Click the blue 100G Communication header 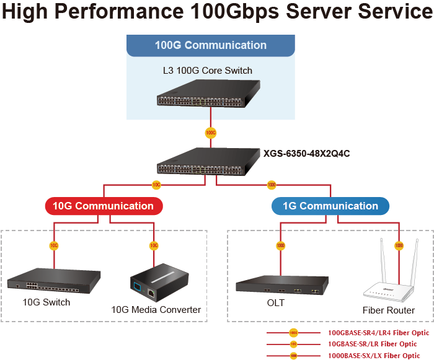point(210,45)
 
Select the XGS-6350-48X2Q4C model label point(306,153)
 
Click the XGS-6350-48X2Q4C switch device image point(210,163)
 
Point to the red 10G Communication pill point(103,206)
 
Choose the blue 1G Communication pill point(330,206)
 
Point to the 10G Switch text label point(46,303)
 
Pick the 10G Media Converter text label point(156,309)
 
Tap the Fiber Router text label point(389,310)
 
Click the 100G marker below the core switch point(210,132)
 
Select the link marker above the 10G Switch point(54,245)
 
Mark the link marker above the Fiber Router point(398,245)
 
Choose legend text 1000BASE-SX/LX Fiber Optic point(374,356)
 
